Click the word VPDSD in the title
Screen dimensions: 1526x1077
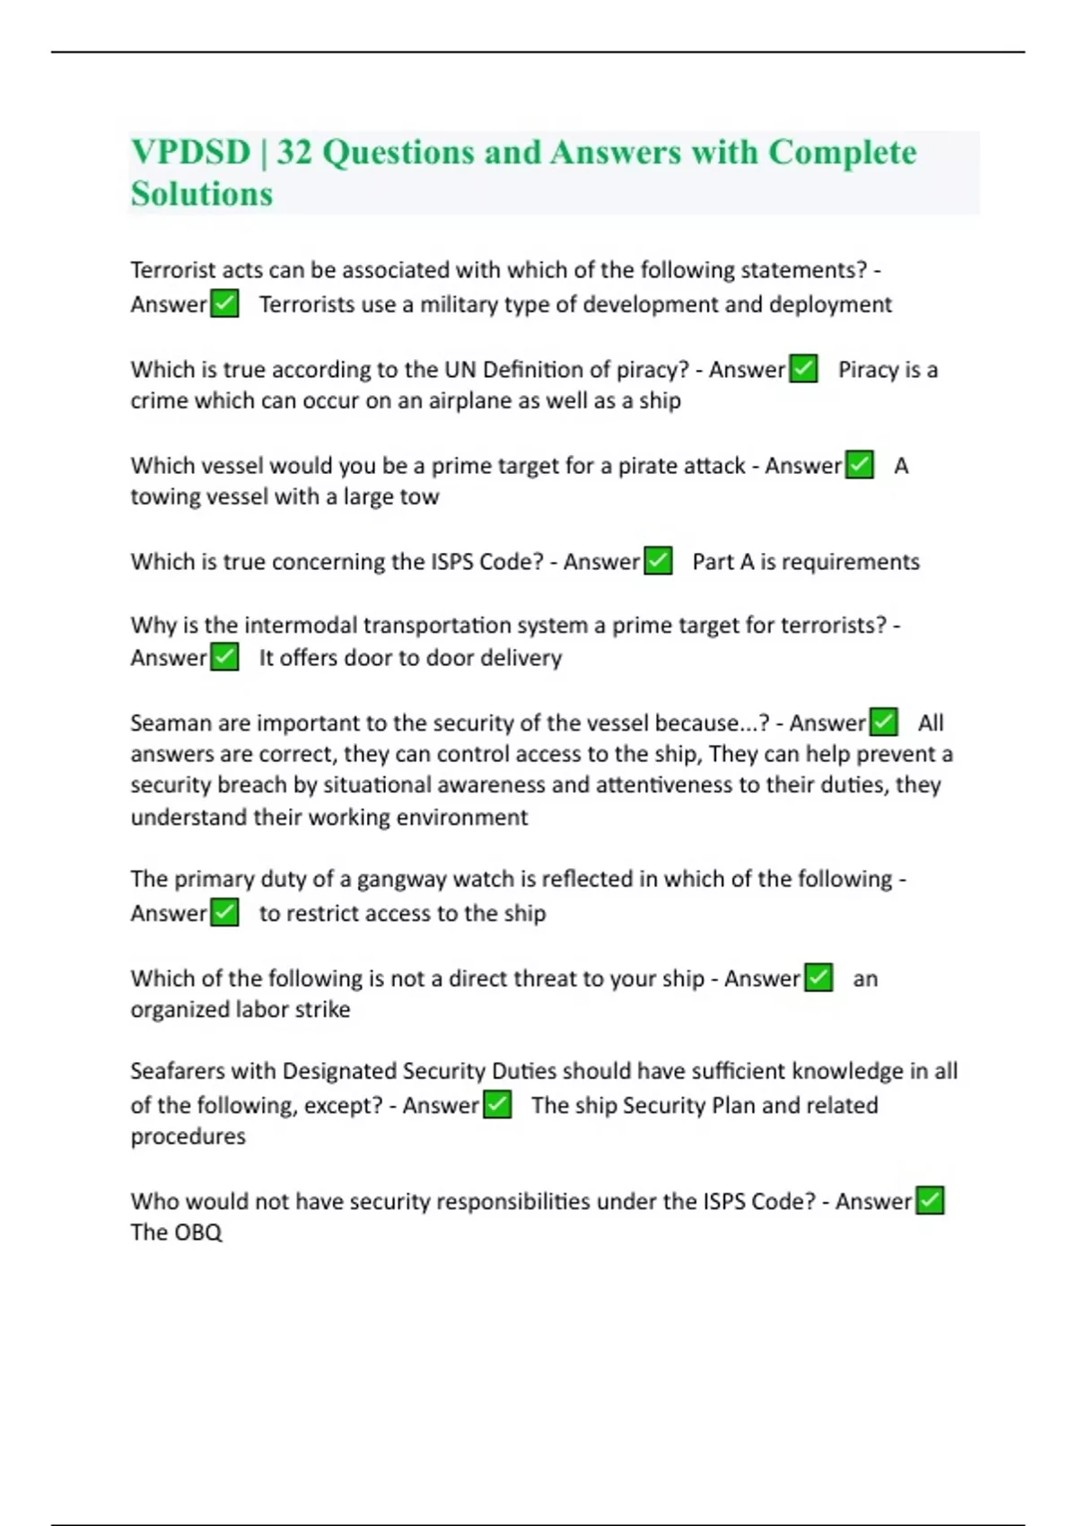pyautogui.click(x=190, y=153)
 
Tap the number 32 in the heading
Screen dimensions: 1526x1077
pyautogui.click(x=294, y=153)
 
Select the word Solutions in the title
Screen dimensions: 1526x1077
pyautogui.click(x=202, y=194)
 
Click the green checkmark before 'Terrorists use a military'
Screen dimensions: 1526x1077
pyautogui.click(x=224, y=303)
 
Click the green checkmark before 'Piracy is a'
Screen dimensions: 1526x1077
pyautogui.click(x=803, y=369)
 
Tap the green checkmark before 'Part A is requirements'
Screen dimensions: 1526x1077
pyautogui.click(x=658, y=561)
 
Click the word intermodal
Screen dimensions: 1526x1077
pyautogui.click(x=304, y=625)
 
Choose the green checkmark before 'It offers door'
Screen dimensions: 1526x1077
pyautogui.click(x=224, y=657)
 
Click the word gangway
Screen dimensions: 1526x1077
pyautogui.click(x=401, y=879)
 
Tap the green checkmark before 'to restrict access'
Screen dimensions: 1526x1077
pyautogui.click(x=224, y=913)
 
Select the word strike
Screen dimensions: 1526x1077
pyautogui.click(x=323, y=1009)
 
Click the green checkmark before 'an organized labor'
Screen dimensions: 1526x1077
pyautogui.click(x=819, y=978)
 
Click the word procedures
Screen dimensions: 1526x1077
pyautogui.click(x=188, y=1136)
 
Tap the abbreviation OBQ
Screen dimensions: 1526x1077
pyautogui.click(x=198, y=1232)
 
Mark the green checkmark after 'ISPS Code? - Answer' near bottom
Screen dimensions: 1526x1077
pyautogui.click(x=930, y=1201)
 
